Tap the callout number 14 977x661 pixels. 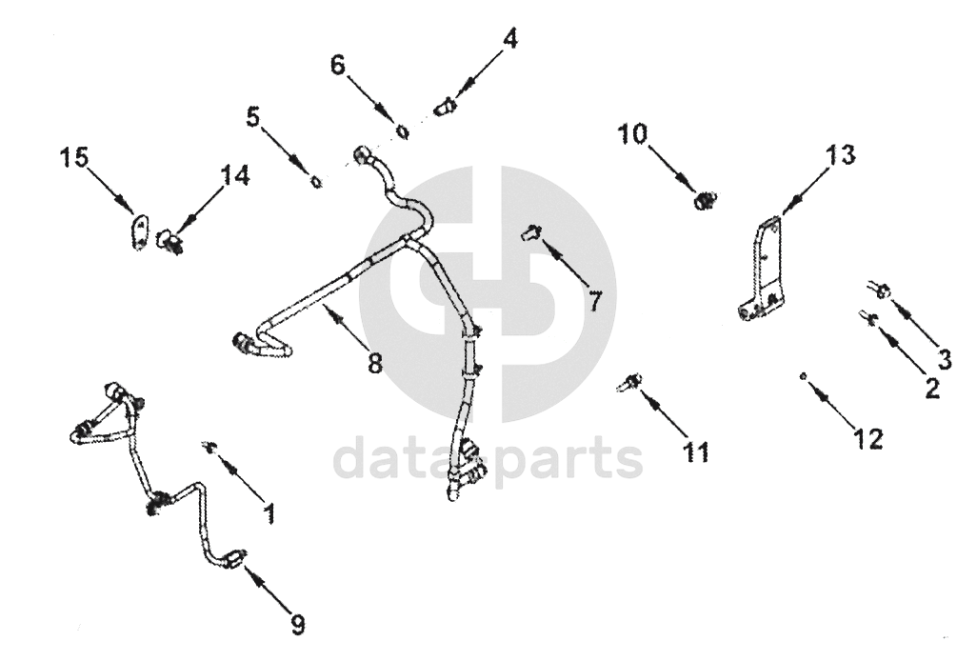(x=234, y=176)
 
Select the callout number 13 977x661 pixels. (x=841, y=155)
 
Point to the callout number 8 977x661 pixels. (x=374, y=363)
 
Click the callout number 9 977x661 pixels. (x=297, y=624)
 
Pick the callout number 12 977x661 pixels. (x=867, y=438)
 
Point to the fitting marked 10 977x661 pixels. (x=705, y=201)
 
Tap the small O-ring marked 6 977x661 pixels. (x=402, y=130)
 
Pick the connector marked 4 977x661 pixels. (x=444, y=107)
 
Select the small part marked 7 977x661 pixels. (x=531, y=231)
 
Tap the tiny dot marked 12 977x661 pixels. (x=805, y=376)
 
